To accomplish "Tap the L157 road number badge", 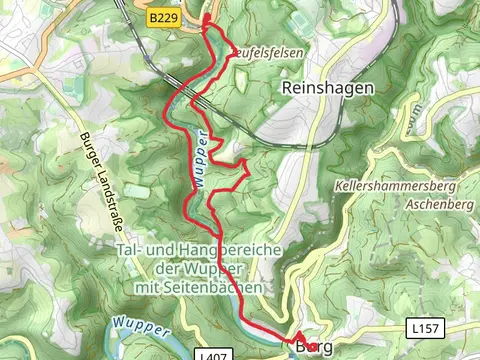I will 423,327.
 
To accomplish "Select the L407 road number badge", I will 211,354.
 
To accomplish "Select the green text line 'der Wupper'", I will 198,268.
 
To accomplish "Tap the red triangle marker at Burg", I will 299,338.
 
